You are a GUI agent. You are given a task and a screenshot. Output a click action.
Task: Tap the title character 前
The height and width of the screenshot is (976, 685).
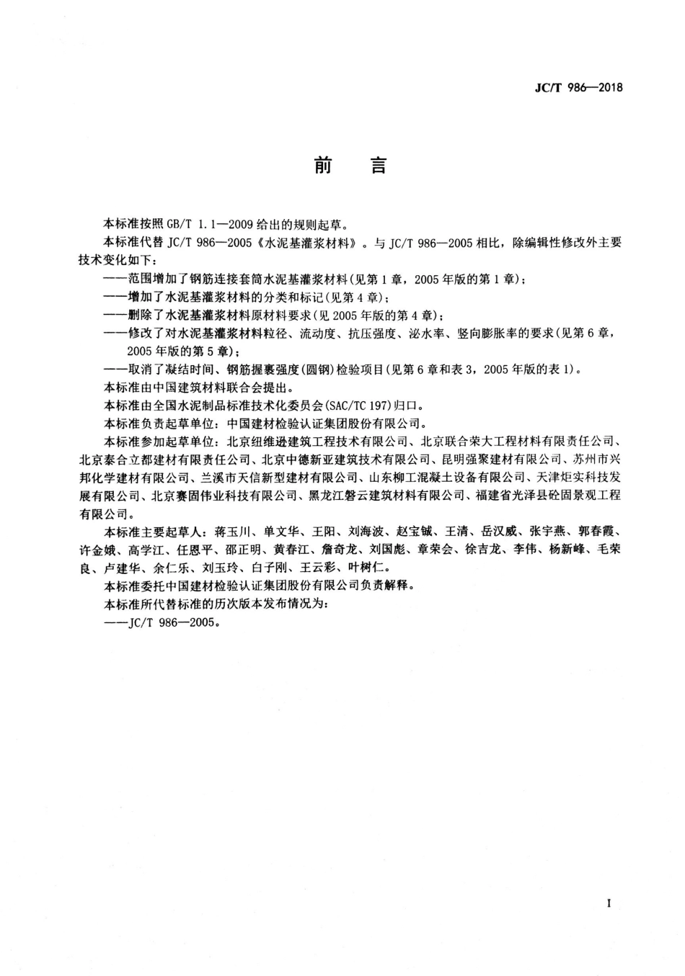click(323, 166)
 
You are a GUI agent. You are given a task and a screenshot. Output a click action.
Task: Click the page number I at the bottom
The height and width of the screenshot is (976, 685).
click(609, 903)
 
